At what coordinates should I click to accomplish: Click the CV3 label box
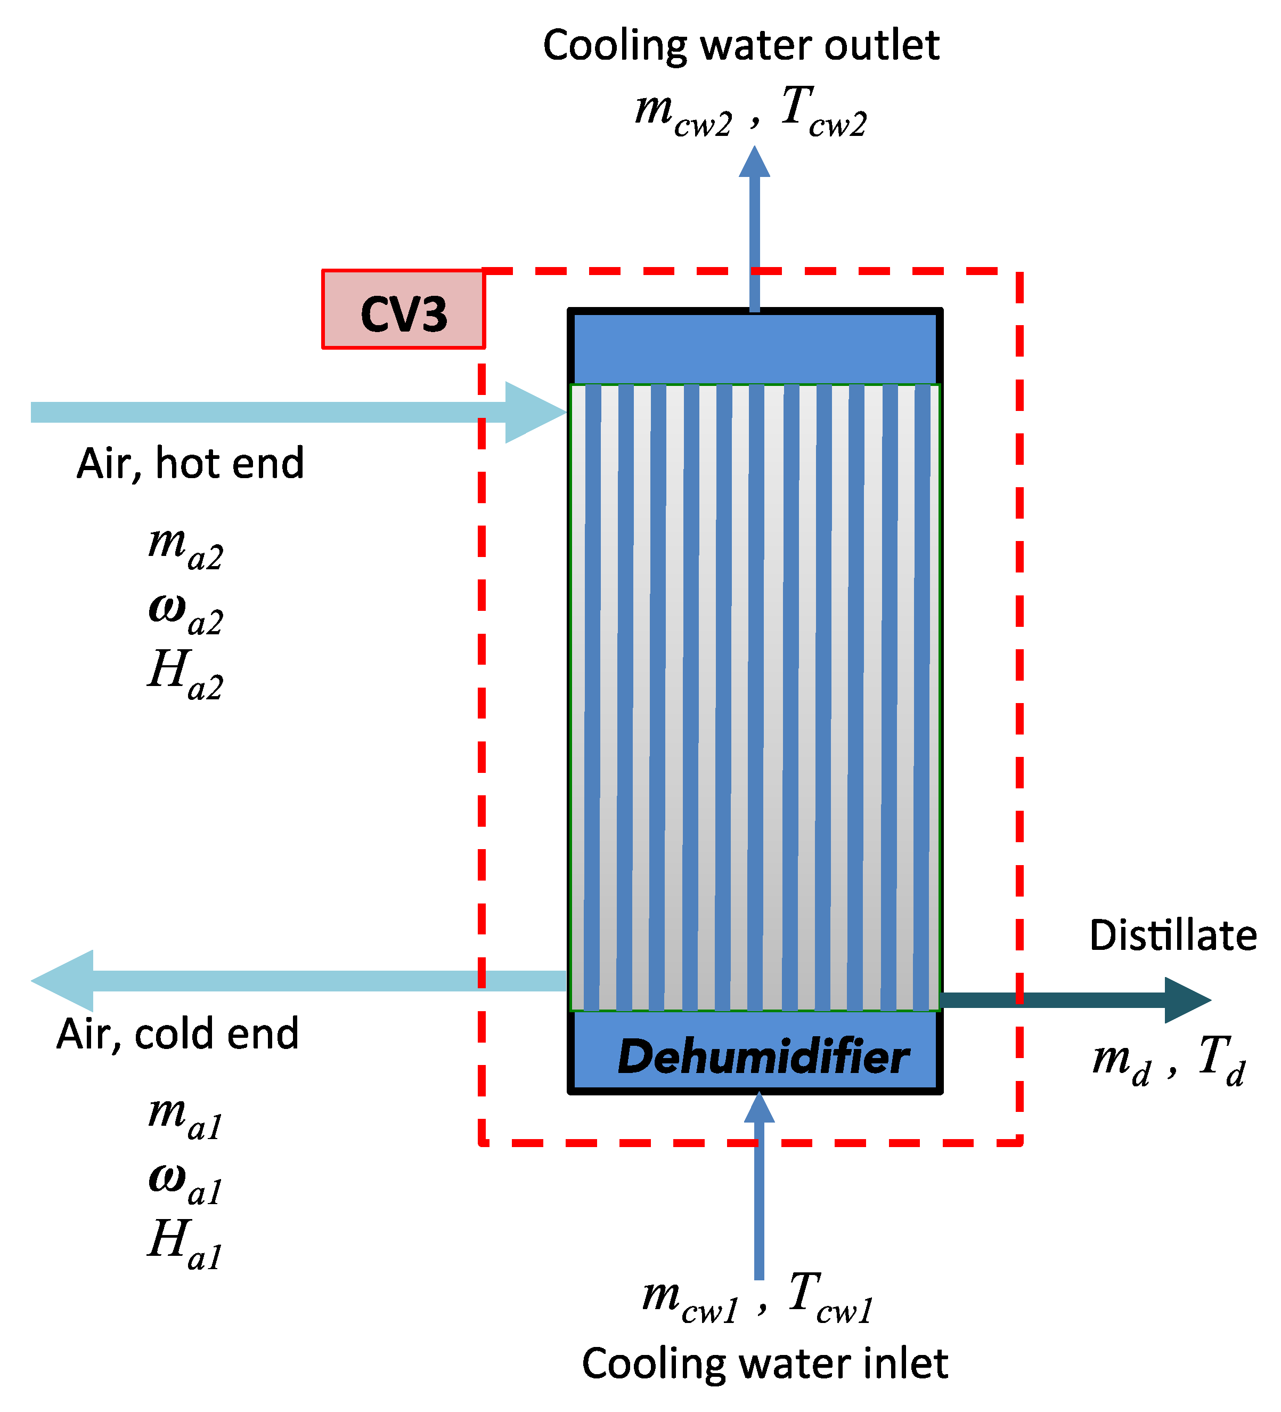pos(403,309)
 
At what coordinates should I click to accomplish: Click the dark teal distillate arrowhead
pos(1187,1000)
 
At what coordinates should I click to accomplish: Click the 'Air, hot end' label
pos(190,463)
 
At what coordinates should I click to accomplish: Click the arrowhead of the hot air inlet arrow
pos(535,413)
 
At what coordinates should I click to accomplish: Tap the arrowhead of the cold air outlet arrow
pos(63,981)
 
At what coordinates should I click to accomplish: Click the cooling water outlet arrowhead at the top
pos(755,162)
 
